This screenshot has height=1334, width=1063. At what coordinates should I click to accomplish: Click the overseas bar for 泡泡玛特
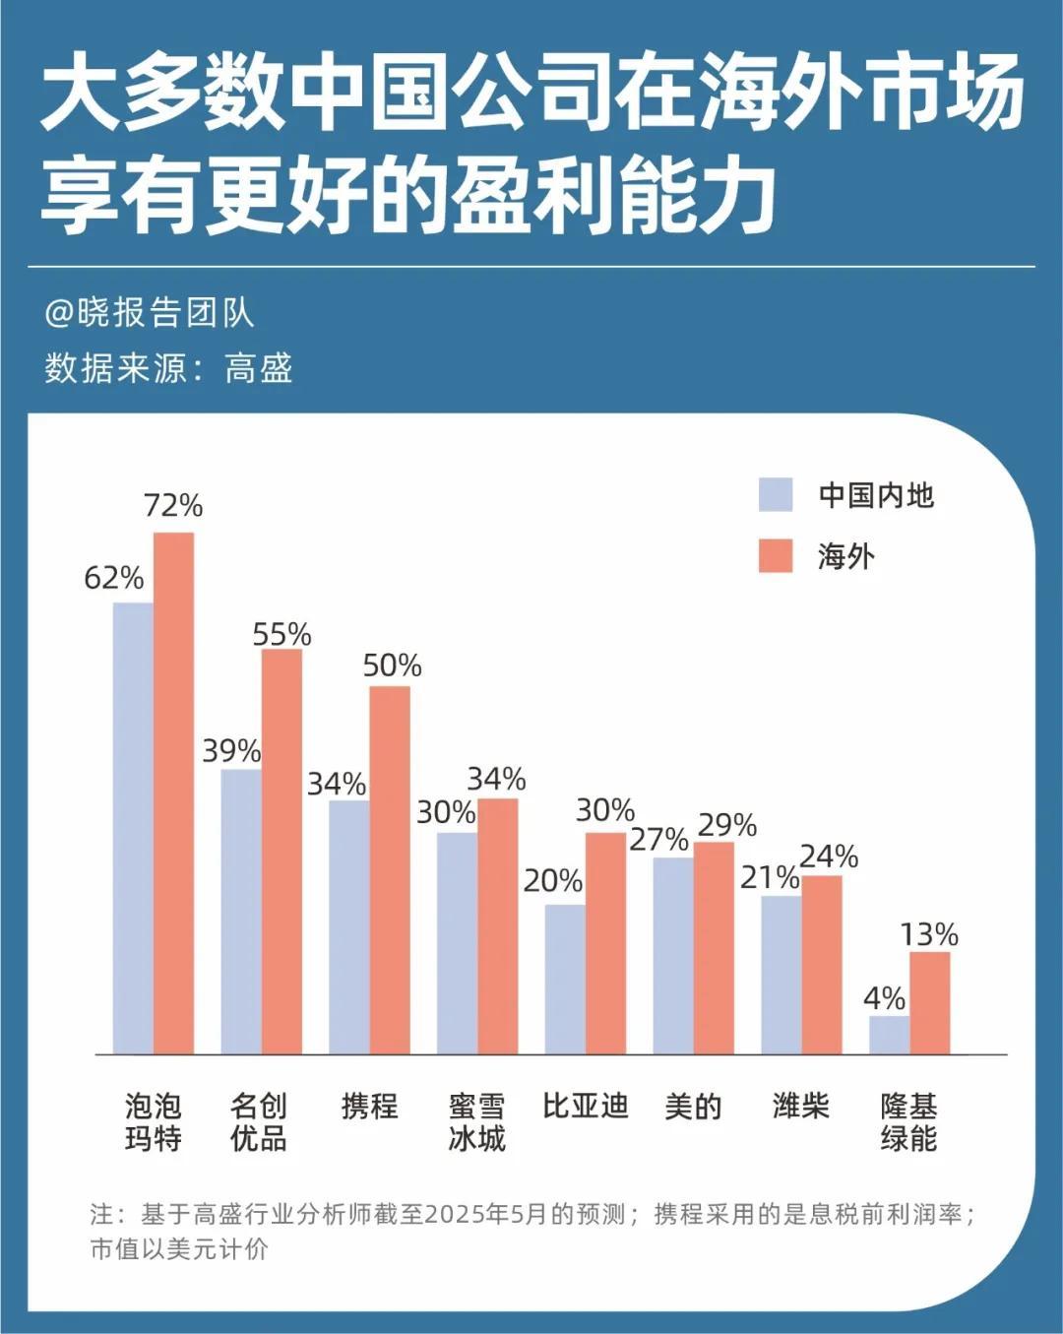[x=173, y=793]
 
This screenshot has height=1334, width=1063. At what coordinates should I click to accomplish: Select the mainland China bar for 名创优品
[x=241, y=911]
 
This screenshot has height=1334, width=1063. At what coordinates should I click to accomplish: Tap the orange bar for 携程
[x=390, y=869]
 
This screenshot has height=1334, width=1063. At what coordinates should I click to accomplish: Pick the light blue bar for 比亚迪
[x=565, y=979]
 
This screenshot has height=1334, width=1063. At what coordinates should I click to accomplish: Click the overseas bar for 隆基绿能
[x=929, y=1002]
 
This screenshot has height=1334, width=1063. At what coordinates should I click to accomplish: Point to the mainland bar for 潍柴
[x=781, y=974]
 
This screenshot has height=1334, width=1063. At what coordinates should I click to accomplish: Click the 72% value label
[x=173, y=506]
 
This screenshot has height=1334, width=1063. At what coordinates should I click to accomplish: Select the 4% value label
[x=884, y=998]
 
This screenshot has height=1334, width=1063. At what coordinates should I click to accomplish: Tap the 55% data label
[x=281, y=635]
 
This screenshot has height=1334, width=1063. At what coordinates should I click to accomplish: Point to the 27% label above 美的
[x=658, y=840]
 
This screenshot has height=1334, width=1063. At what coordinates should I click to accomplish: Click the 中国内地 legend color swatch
[x=776, y=494]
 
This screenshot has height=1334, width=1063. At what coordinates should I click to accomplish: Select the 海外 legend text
[x=845, y=557]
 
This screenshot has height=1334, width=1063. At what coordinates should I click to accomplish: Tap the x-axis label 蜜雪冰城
[x=476, y=1122]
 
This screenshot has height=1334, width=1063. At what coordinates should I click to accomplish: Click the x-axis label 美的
[x=693, y=1107]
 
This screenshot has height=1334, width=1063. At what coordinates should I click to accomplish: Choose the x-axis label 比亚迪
[x=585, y=1107]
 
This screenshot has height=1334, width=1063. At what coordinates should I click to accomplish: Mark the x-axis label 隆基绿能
[x=908, y=1122]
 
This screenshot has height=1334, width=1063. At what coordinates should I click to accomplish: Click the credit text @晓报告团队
[x=150, y=313]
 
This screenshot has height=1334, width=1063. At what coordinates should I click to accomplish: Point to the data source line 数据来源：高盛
[x=168, y=368]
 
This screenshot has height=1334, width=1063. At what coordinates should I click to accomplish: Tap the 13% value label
[x=929, y=934]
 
